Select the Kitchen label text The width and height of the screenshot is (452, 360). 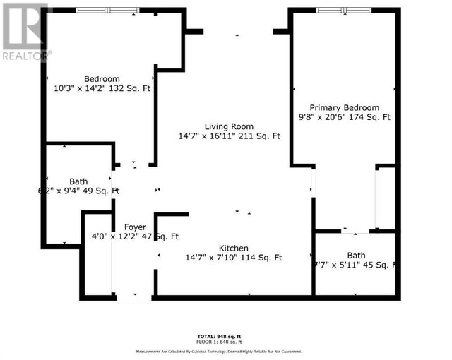(x=233, y=248)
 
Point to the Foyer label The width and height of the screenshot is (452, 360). (x=135, y=227)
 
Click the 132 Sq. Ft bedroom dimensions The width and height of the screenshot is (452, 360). (x=102, y=89)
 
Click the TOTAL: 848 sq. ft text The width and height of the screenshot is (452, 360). (x=216, y=335)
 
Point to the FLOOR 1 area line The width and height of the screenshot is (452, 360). (x=216, y=341)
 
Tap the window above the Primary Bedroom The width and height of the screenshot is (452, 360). (x=341, y=10)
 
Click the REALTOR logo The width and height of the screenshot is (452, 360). (x=25, y=32)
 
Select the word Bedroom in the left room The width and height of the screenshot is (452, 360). (x=102, y=79)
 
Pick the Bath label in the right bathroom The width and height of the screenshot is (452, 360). (x=357, y=255)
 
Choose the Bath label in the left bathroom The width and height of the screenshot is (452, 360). (x=78, y=181)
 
